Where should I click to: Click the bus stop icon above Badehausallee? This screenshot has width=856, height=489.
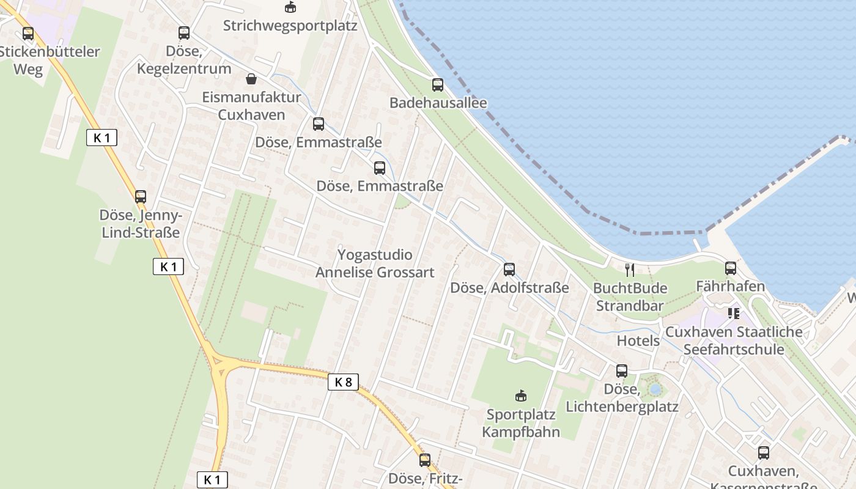tap(437, 84)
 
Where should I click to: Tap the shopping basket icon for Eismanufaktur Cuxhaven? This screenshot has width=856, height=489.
tap(251, 79)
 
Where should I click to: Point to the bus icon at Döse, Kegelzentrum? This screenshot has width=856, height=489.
tap(184, 33)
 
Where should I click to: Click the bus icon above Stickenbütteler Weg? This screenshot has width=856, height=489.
tap(28, 34)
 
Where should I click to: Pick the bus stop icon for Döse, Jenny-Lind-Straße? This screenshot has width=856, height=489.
tap(141, 197)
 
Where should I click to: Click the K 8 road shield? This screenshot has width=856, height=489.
tap(343, 382)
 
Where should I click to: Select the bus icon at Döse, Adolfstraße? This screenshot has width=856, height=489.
tap(509, 269)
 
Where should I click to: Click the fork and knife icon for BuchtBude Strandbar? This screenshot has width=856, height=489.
tap(630, 270)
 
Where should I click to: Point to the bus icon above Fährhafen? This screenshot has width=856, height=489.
tap(730, 268)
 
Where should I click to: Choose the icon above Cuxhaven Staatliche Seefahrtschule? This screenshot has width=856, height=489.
tap(734, 314)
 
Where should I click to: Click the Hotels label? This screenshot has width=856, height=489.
tap(638, 340)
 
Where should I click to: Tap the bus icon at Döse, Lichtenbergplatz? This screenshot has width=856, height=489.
tap(622, 370)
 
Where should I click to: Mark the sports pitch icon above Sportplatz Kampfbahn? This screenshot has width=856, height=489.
tap(520, 396)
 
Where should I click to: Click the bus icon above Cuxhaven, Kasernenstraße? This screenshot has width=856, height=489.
tap(764, 453)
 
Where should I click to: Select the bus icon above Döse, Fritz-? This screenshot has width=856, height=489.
tap(425, 460)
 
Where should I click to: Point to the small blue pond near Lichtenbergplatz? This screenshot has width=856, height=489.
tap(655, 389)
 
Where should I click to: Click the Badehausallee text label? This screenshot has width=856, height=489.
tap(438, 103)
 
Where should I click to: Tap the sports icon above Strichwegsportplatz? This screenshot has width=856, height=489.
tap(290, 7)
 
